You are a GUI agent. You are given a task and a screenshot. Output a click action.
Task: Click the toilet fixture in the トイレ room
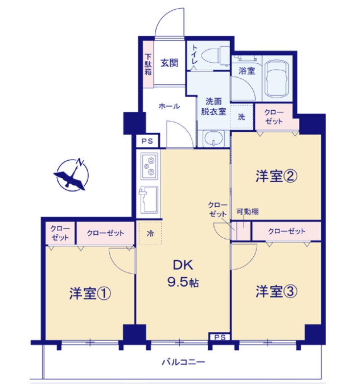pos(216,56)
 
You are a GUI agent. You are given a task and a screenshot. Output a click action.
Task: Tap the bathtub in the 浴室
pos(277,79)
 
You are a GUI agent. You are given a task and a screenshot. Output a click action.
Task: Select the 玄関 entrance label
pos(169,63)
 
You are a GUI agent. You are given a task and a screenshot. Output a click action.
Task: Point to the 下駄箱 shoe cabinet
pos(148,64)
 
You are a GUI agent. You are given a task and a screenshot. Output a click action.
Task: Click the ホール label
pos(169,106)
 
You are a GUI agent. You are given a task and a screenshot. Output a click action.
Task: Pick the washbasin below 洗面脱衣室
pos(214,139)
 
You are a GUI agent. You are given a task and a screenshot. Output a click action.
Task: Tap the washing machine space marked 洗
pos(241,117)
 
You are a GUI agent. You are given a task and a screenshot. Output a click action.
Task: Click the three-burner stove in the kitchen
pos(149,166)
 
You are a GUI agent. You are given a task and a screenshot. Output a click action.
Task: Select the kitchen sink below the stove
pos(149,199)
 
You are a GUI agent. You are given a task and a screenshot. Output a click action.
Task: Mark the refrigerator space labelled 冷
pos(150,233)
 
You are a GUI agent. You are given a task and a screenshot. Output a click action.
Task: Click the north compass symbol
pos(72,175)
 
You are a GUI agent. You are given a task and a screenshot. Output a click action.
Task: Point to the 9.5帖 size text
pos(183,282)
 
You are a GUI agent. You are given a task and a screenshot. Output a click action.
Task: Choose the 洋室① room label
pos(90,294)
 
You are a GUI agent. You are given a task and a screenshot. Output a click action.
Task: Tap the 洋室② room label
pos(276,176)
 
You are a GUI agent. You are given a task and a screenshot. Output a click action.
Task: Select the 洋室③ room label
pos(276,292)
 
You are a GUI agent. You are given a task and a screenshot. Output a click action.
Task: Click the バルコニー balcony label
pos(183,362)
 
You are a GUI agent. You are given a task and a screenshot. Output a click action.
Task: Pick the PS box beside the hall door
pos(147,141)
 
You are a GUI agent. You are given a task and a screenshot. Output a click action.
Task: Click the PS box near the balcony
pos(219,337)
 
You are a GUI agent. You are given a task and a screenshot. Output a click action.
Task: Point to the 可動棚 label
pos(247,212)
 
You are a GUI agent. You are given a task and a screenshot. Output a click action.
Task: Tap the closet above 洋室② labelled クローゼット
pos(274,117)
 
